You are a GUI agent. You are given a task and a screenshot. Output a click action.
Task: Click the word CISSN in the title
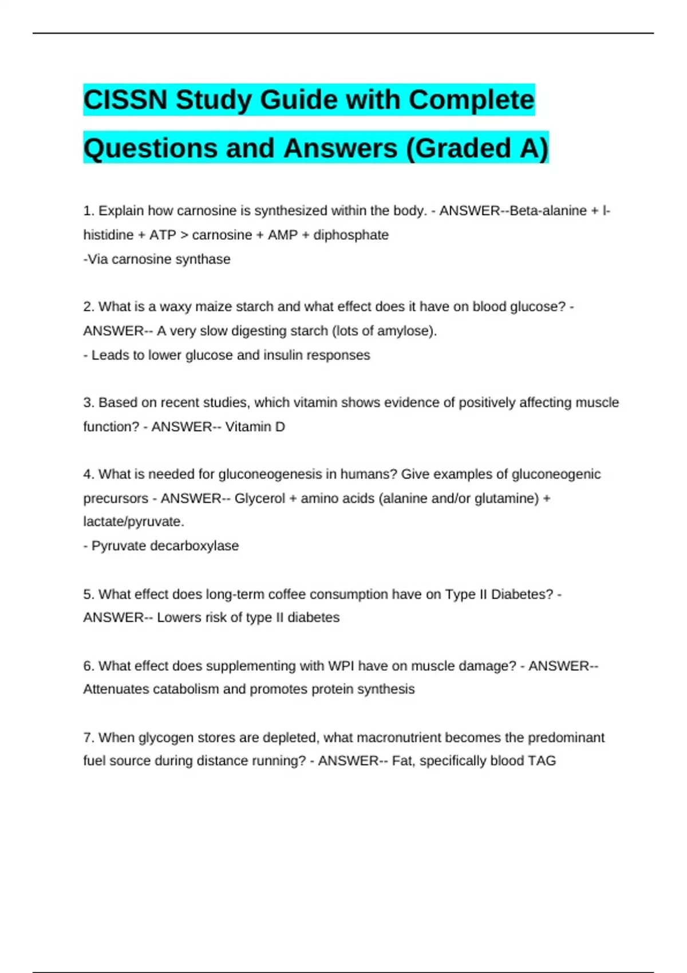click(126, 100)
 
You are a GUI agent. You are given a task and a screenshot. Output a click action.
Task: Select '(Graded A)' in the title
click(477, 148)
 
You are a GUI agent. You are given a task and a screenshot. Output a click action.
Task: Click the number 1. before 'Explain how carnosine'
click(89, 211)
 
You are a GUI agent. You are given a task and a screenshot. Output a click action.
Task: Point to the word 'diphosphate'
click(350, 235)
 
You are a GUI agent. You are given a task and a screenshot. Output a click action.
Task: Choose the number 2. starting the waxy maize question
click(89, 307)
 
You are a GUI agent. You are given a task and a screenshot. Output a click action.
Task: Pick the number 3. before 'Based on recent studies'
click(89, 402)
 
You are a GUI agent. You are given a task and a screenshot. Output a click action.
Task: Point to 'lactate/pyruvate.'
click(133, 521)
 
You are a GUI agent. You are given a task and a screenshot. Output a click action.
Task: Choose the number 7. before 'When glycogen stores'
click(89, 738)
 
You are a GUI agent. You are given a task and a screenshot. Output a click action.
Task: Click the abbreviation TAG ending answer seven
click(542, 761)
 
